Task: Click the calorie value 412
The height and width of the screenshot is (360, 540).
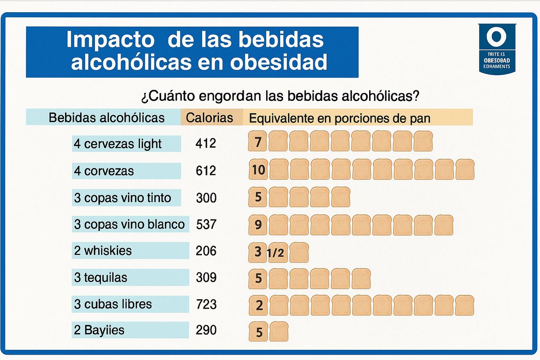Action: pyautogui.click(x=206, y=143)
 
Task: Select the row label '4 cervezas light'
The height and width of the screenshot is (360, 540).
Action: pyautogui.click(x=118, y=144)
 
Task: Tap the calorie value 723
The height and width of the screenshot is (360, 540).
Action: pyautogui.click(x=206, y=304)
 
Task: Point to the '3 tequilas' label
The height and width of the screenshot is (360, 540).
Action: pyautogui.click(x=100, y=278)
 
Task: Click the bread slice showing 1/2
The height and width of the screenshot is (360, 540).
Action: pyautogui.click(x=278, y=253)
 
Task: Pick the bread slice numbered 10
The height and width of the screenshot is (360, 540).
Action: pyautogui.click(x=258, y=170)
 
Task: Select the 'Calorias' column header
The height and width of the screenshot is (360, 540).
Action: pyautogui.click(x=210, y=117)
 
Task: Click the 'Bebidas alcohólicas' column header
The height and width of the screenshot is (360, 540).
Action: pyautogui.click(x=107, y=117)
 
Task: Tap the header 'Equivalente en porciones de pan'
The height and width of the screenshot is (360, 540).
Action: pyautogui.click(x=340, y=118)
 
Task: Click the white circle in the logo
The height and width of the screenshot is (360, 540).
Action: pyautogui.click(x=496, y=36)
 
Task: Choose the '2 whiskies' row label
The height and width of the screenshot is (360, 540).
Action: pyautogui.click(x=103, y=251)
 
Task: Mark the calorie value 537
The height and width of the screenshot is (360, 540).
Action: pyautogui.click(x=206, y=225)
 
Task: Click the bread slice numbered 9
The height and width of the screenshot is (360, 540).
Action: pyautogui.click(x=258, y=225)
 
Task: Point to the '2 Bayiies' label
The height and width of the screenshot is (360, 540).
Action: pyautogui.click(x=99, y=330)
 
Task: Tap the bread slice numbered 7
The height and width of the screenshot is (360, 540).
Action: pyautogui.click(x=258, y=142)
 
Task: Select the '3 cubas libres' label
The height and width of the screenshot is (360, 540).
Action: pyautogui.click(x=113, y=304)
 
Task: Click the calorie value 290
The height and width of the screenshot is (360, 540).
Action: pyautogui.click(x=206, y=330)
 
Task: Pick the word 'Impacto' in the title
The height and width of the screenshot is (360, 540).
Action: pyautogui.click(x=111, y=40)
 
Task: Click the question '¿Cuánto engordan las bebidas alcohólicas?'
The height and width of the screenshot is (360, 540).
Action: pyautogui.click(x=280, y=96)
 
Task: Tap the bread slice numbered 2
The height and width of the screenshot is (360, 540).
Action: pyautogui.click(x=259, y=305)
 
